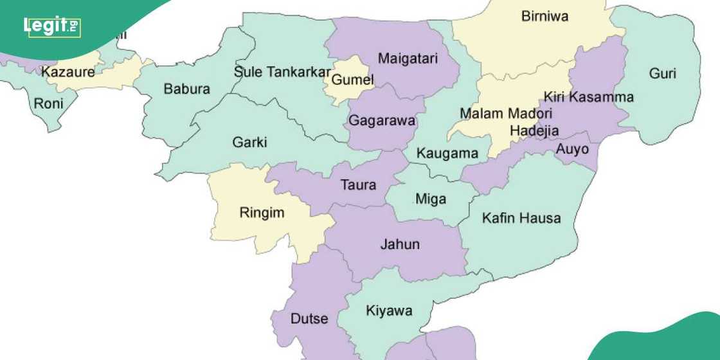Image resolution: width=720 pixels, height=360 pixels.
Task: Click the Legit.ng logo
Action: click(x=51, y=26)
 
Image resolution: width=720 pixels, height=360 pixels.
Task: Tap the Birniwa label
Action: click(x=544, y=17)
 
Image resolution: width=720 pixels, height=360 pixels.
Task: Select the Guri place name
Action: click(x=662, y=73)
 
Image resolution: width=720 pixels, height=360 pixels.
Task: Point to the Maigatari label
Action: click(x=408, y=59)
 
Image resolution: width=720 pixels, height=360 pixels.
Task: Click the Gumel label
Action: click(x=352, y=80)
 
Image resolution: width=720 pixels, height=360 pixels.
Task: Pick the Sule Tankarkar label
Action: click(x=282, y=71)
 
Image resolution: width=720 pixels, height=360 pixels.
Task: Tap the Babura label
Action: click(x=186, y=89)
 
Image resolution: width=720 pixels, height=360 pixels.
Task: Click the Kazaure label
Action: click(x=68, y=72)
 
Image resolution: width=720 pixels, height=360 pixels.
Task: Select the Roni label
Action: click(x=48, y=103)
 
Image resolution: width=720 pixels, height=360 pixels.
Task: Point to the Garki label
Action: click(x=249, y=142)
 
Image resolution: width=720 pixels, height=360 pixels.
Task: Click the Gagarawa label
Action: click(x=382, y=120)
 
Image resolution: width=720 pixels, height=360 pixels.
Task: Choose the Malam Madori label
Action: click(x=498, y=113)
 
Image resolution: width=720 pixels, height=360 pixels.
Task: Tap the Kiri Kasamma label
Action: click(x=588, y=97)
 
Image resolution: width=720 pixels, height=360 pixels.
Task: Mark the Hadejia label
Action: click(x=534, y=130)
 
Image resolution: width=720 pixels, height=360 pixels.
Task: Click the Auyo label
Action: click(x=571, y=149)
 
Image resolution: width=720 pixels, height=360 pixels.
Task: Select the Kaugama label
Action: click(x=447, y=153)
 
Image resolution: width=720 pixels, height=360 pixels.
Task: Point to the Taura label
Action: click(x=358, y=185)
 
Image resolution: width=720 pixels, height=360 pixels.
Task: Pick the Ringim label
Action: click(x=262, y=213)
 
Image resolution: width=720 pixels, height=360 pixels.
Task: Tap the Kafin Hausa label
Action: click(x=521, y=218)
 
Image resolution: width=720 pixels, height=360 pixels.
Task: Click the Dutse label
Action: click(x=309, y=318)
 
